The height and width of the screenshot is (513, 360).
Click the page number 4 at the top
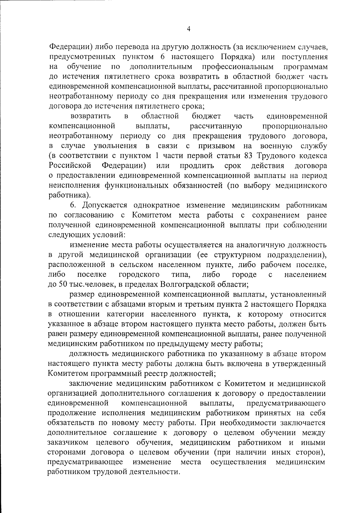pos(188,29)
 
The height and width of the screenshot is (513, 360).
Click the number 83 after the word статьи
pos(247,156)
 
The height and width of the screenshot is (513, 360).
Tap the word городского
pos(139,274)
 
